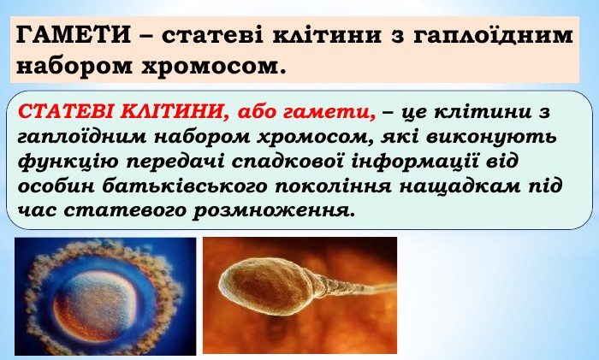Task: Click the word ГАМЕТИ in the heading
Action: pyautogui.click(x=74, y=35)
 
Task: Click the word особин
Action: pyautogui.click(x=56, y=186)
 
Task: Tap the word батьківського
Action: pyautogui.click(x=185, y=186)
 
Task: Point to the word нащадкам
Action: pyautogui.click(x=460, y=186)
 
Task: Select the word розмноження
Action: pyautogui.click(x=274, y=211)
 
